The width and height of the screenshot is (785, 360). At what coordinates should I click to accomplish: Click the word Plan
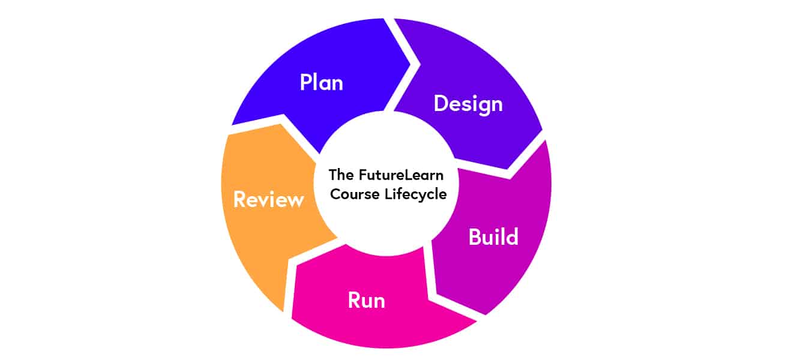pos(322,82)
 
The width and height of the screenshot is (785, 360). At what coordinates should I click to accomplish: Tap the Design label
pos(468,104)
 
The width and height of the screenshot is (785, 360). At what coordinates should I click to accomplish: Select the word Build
pos(493,237)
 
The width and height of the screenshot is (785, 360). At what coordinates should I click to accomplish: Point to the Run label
pos(366,299)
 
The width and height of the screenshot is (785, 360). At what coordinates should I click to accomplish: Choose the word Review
pos(268,199)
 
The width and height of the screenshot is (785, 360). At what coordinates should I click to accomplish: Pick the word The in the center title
pos(341,175)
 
